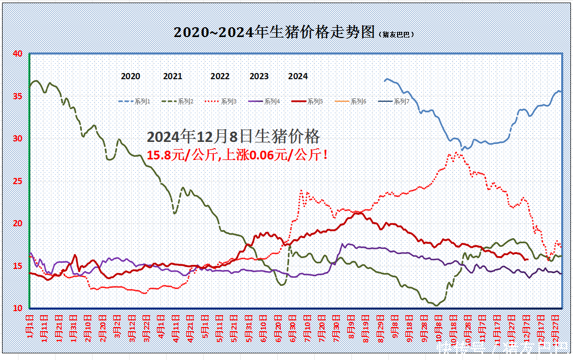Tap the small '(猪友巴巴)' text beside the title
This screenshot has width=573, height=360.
(397, 34)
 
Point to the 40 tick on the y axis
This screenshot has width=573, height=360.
(17, 53)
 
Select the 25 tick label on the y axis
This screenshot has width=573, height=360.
(17, 181)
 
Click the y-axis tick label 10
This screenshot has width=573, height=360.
(17, 308)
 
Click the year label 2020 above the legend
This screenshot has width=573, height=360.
(131, 76)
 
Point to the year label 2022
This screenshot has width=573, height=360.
(220, 76)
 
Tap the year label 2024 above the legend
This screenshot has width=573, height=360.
(298, 76)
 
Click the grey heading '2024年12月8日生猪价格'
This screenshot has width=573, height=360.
(234, 137)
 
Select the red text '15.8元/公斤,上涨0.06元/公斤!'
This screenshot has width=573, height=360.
(238, 155)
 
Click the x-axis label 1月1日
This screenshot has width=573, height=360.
(30, 326)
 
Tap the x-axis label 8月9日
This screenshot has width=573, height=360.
(351, 326)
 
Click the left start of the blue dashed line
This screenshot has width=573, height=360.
(385, 81)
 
